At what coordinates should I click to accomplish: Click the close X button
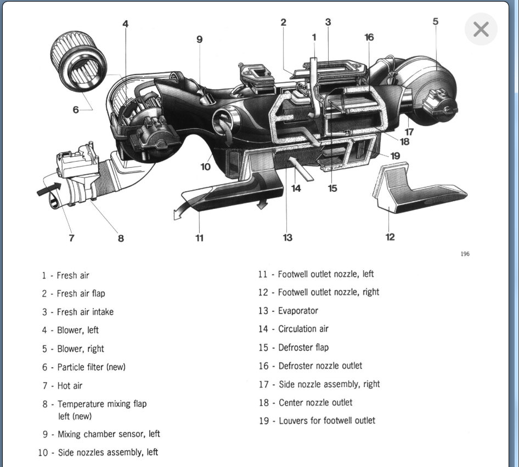481,29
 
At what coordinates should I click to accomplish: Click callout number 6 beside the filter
76,110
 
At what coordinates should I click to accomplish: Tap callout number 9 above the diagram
199,39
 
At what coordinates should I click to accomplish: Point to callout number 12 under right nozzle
390,237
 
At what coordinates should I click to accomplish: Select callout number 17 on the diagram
409,132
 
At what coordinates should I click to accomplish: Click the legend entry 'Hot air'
70,386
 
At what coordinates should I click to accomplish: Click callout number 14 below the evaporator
296,188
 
